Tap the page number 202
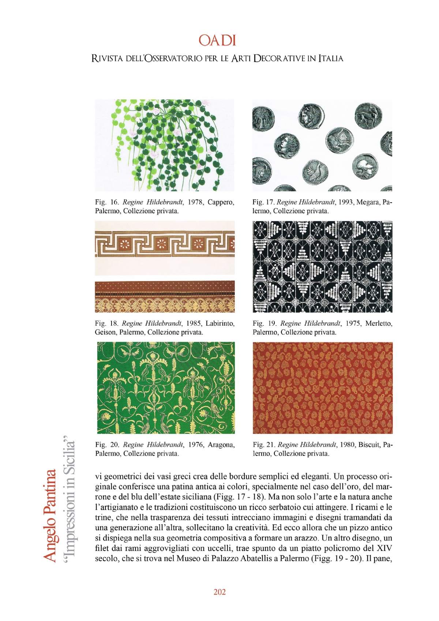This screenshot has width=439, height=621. [219, 592]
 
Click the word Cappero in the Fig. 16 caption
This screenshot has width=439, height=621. [221, 202]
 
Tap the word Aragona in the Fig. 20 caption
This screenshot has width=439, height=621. [221, 445]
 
